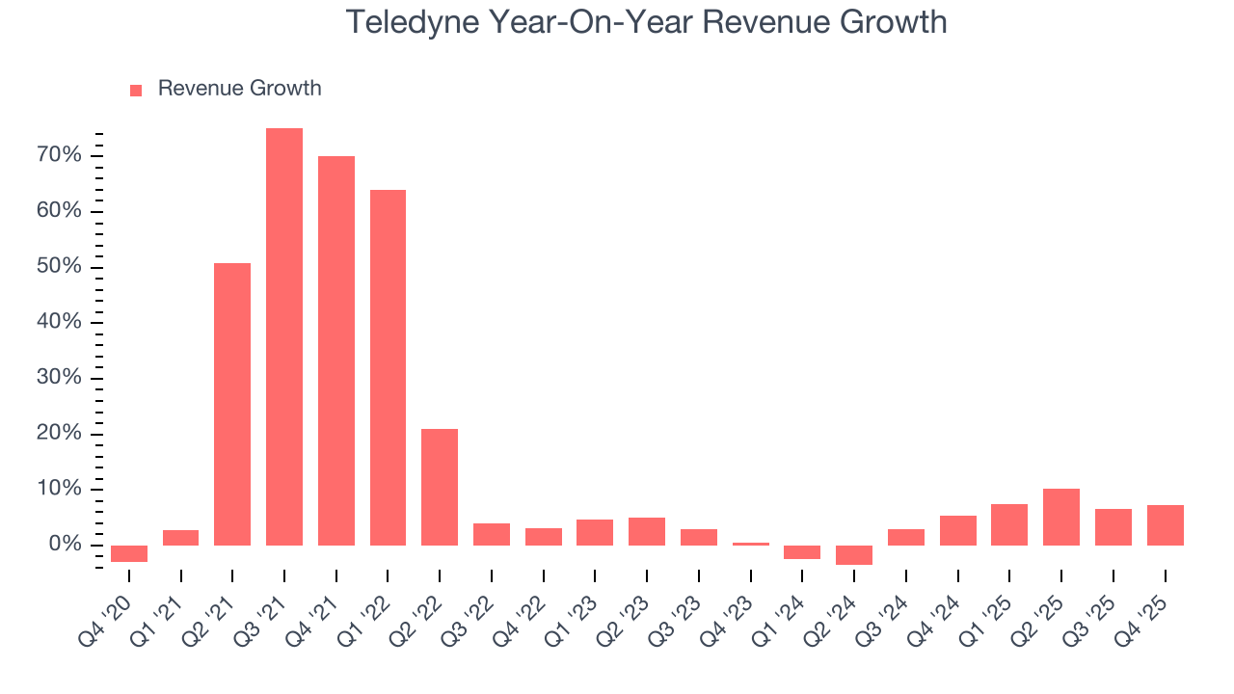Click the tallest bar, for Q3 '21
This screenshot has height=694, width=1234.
click(284, 337)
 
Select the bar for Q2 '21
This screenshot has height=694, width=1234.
click(232, 405)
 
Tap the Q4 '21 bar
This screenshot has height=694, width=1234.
click(336, 351)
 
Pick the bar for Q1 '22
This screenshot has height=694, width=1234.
click(388, 368)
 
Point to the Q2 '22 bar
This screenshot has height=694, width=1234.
click(440, 488)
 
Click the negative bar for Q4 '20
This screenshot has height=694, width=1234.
click(129, 553)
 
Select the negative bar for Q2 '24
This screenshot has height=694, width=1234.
click(854, 555)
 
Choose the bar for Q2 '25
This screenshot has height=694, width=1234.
click(1061, 518)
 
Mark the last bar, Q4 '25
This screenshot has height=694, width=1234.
click(1165, 525)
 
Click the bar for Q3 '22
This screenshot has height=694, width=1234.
click(492, 535)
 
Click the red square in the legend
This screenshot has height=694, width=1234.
click(136, 90)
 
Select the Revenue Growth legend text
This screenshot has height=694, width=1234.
click(239, 89)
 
